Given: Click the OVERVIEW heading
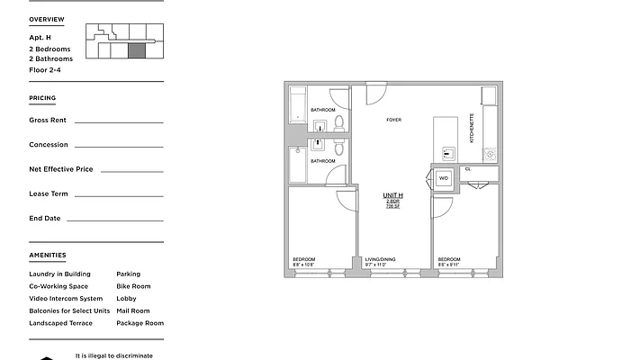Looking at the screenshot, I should tap(46, 19).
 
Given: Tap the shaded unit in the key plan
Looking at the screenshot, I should tap(137, 51).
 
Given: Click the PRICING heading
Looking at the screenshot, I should tap(41, 99).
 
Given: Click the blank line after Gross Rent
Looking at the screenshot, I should tap(118, 121).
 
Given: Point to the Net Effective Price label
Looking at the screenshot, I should tap(60, 169).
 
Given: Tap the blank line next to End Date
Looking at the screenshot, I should tap(114, 219).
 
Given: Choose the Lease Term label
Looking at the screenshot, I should tap(49, 193).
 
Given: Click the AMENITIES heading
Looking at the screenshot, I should tap(47, 256).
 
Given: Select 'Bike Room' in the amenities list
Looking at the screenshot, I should tap(133, 286).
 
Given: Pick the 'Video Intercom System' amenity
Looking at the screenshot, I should tap(66, 298).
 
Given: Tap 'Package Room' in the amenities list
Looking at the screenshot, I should tap(140, 322).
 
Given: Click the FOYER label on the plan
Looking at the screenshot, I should tap(394, 120).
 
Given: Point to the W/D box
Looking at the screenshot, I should tap(444, 178).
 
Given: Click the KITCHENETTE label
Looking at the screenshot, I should tap(473, 128).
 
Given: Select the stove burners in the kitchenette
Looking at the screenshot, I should tap(490, 154).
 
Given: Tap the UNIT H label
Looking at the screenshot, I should tap(393, 195).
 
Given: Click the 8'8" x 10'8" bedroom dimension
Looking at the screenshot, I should tap(302, 265).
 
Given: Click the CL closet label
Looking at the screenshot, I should tap(468, 168).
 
